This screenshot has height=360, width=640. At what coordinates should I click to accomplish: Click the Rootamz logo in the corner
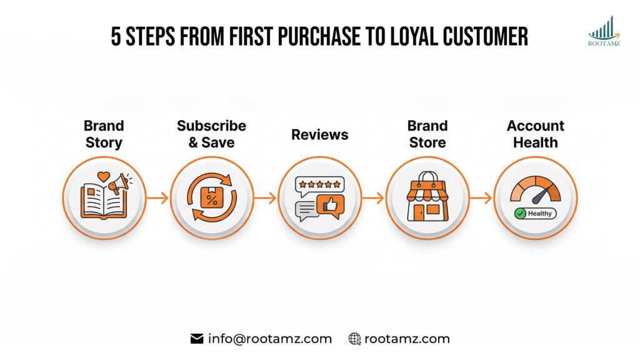pos(604,31)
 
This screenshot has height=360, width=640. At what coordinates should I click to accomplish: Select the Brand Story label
pos(104,134)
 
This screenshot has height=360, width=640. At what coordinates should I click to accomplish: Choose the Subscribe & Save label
pos(211,134)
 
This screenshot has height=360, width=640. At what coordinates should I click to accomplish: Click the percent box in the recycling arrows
pos(211,198)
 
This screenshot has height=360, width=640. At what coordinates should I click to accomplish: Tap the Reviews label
pos(319,134)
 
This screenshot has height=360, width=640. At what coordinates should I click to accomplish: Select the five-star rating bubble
pos(319,184)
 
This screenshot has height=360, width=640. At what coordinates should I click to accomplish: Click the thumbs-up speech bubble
pos(330,206)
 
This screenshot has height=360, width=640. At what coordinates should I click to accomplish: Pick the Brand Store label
pos(427,134)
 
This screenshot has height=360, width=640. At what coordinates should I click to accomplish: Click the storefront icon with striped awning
pos(427,198)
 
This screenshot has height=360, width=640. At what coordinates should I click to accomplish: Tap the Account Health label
pos(536,134)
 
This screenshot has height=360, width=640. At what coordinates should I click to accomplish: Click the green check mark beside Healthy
pos(519,213)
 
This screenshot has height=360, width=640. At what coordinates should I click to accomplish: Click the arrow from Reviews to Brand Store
pos(374,198)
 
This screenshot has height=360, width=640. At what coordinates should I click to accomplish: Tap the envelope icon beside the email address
pos(197,339)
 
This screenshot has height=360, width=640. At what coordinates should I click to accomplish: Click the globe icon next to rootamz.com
pos(355,339)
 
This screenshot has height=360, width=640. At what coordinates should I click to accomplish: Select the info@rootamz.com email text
pos(270,339)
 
